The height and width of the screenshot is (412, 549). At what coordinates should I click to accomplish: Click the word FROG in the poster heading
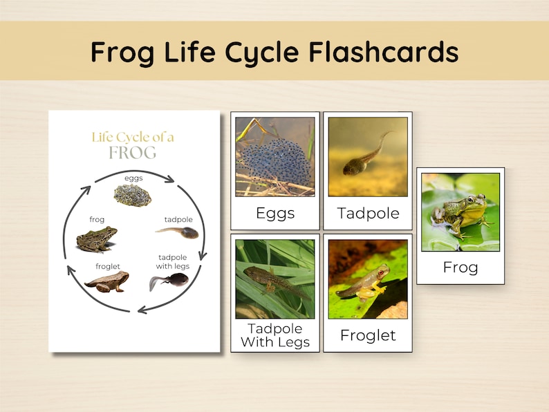coord(132,153)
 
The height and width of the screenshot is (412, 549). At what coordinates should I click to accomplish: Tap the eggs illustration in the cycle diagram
coord(133,195)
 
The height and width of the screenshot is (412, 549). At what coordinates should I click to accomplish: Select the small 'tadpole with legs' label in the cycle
coord(173,262)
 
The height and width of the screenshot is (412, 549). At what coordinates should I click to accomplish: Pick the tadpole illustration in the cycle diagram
coord(178,232)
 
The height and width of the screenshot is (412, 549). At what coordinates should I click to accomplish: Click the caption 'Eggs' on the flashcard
coord(275,213)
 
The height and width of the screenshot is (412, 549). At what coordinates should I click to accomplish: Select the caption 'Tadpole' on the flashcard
coord(368,213)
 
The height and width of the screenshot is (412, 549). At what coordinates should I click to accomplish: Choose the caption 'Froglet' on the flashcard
coord(368,335)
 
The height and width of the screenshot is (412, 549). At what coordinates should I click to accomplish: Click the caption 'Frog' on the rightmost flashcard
coord(460,267)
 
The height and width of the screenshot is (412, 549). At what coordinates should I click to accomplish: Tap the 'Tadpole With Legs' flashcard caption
coord(275,335)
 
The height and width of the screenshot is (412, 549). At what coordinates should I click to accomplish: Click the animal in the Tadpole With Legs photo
coord(274,280)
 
